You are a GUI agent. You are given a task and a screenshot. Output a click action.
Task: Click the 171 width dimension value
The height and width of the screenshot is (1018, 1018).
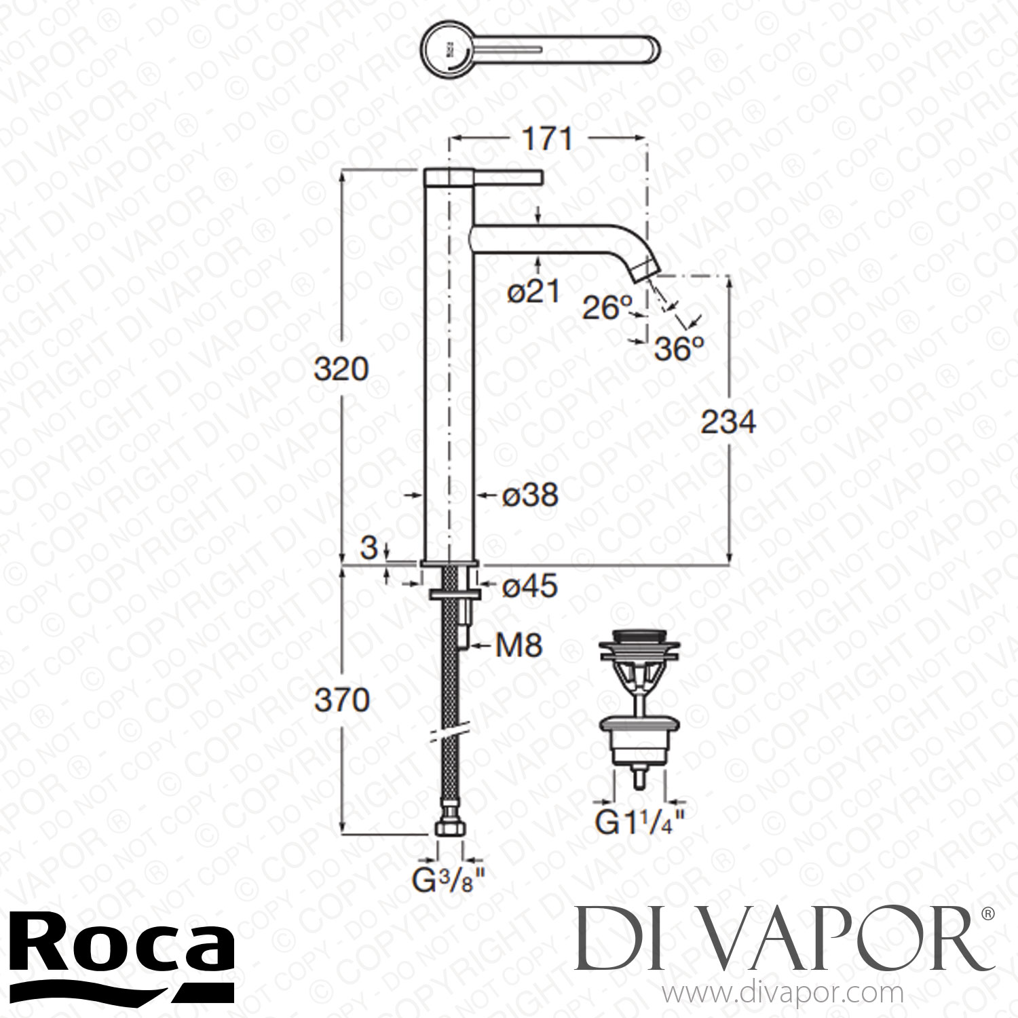click(547, 139)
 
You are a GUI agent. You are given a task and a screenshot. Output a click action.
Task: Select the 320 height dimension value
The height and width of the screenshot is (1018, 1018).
click(341, 369)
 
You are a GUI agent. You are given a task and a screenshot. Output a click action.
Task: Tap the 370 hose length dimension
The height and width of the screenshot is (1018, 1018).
click(342, 700)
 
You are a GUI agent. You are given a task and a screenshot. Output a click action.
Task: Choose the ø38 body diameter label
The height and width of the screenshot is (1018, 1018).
click(529, 495)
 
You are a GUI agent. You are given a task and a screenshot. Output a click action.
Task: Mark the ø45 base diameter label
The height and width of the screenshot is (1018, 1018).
click(529, 586)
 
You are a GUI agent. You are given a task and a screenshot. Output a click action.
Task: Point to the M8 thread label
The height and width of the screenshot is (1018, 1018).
click(519, 645)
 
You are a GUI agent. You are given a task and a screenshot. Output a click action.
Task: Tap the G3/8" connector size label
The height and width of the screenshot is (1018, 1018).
click(449, 882)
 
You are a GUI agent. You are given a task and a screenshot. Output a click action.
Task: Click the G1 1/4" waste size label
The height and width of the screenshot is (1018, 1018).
click(639, 823)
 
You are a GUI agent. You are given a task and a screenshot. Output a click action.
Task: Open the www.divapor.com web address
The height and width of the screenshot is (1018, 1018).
click(784, 995)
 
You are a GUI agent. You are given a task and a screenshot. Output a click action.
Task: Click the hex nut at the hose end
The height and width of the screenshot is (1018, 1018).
click(450, 828)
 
